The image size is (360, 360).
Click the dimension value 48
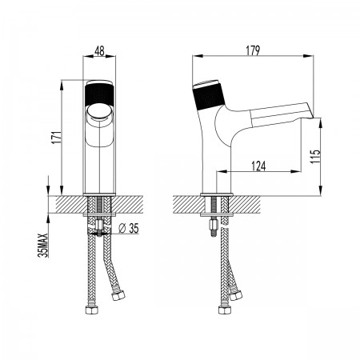pos(99,50)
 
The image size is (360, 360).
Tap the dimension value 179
pos(253,50)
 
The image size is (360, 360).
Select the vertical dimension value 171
pos(57,138)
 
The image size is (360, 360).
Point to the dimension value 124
pos(258,166)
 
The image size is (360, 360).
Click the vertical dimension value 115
pos(315,157)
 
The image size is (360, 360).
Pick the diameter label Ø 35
pos(129,229)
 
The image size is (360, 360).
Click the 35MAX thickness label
pos(43,245)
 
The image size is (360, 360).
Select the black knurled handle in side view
pos(210,97)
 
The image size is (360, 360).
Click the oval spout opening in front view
pos(99,111)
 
